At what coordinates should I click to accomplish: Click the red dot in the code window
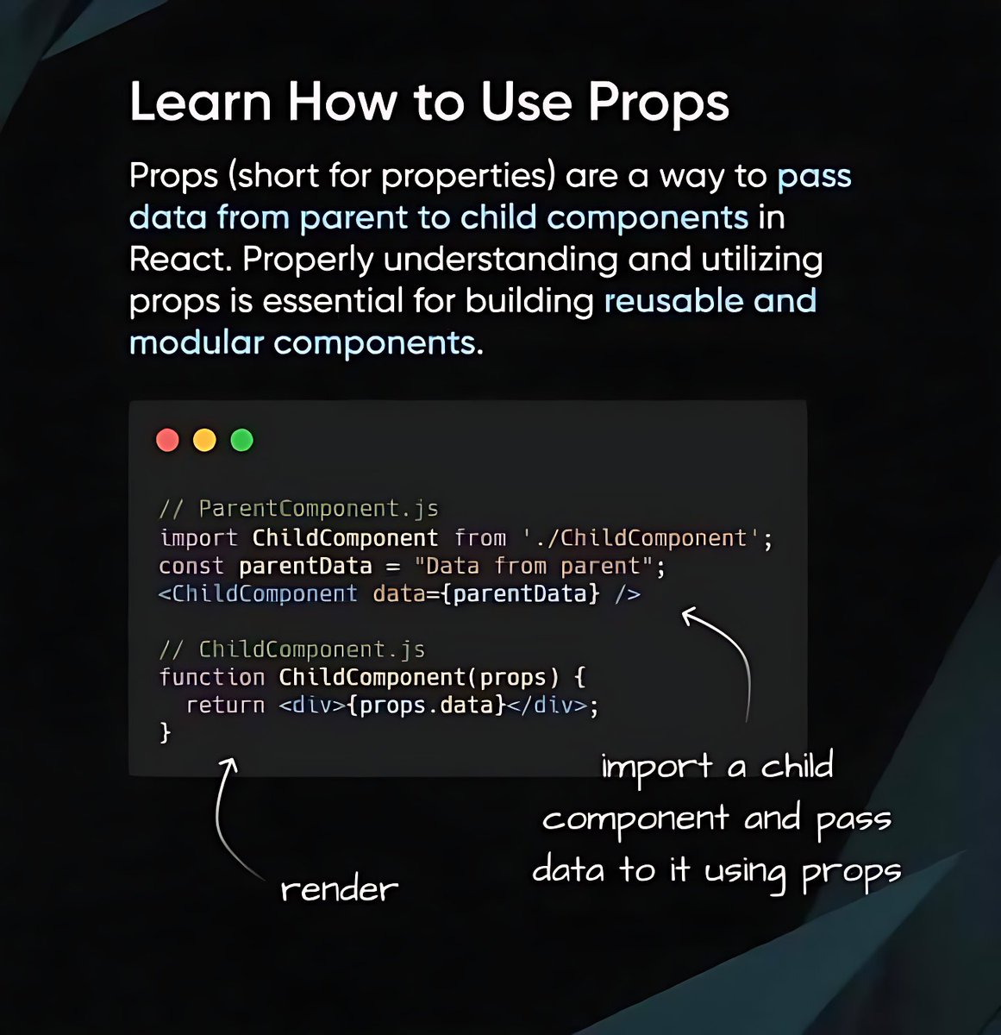(167, 440)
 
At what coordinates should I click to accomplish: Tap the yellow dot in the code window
(204, 440)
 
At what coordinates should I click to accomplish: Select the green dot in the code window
(242, 440)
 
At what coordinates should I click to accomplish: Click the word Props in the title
(659, 102)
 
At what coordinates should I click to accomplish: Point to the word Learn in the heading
(200, 102)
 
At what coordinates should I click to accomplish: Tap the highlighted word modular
(196, 342)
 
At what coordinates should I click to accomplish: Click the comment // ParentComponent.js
(299, 509)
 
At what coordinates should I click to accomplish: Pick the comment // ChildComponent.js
(292, 649)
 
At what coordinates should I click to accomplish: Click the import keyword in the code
(198, 538)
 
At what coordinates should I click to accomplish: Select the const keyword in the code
(191, 567)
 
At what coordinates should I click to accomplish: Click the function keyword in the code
(211, 677)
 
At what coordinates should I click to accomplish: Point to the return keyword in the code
(225, 706)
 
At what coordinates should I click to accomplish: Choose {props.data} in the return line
(426, 706)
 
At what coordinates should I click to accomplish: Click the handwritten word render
(340, 888)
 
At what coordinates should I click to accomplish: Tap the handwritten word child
(797, 766)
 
